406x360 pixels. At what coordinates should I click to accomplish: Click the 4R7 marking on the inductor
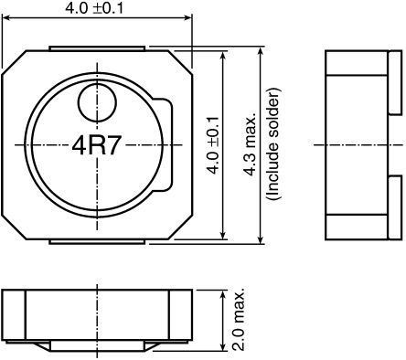[x=97, y=144]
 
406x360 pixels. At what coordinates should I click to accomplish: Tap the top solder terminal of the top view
[x=97, y=47]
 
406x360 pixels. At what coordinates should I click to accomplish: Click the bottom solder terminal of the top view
[x=97, y=241]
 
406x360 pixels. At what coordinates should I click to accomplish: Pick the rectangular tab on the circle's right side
[x=167, y=144]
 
